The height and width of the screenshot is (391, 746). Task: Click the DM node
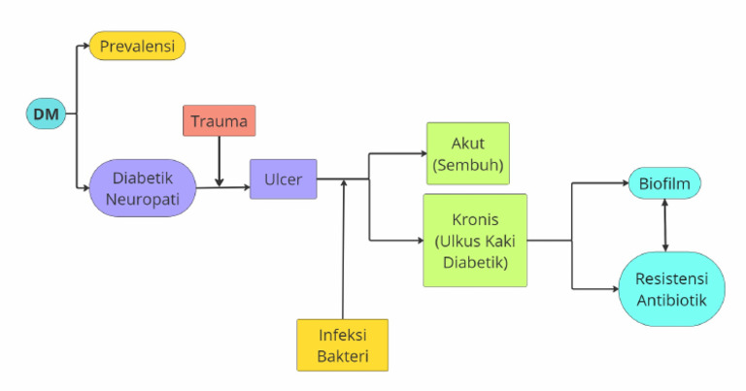click(x=45, y=114)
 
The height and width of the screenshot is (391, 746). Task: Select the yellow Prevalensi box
click(x=137, y=46)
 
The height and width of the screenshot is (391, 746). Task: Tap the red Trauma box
click(x=219, y=120)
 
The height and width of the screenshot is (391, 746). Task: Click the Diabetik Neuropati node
click(x=143, y=188)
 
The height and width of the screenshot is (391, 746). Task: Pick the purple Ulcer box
click(x=283, y=179)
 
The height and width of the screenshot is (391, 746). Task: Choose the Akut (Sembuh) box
click(x=467, y=153)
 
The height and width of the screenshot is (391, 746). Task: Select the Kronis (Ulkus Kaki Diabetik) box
click(x=474, y=240)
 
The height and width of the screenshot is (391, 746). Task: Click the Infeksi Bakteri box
click(x=342, y=344)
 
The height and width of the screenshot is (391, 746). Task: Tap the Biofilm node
click(x=664, y=181)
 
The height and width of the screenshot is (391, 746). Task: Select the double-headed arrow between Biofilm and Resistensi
click(x=664, y=225)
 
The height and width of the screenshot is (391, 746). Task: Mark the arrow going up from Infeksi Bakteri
click(x=343, y=252)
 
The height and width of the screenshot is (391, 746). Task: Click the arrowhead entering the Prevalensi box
click(x=85, y=46)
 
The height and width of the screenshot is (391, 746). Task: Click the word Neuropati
click(x=143, y=197)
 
